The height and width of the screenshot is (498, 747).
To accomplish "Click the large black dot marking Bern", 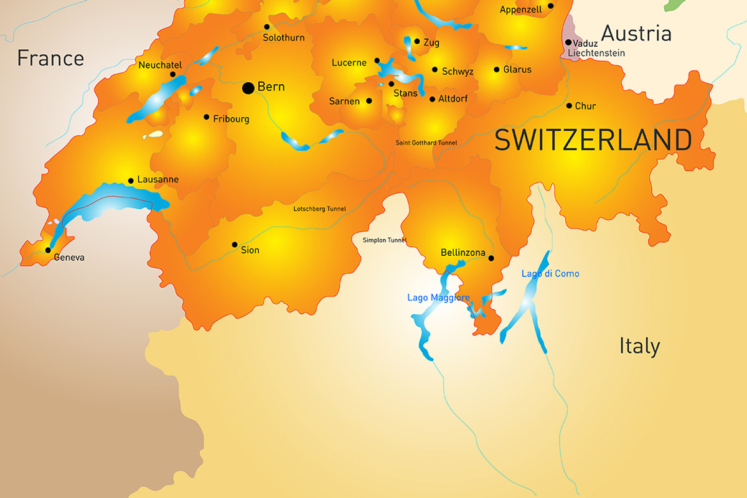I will point(248,88).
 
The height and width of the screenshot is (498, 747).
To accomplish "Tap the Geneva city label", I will point(69,257).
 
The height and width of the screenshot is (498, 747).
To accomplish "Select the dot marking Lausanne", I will point(131,181).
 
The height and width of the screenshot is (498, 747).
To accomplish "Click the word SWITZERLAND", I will point(593,140).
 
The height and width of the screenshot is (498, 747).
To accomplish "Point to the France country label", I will point(50,59).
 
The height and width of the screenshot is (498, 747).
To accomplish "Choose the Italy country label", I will point(639,346).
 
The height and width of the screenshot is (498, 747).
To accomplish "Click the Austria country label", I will point(636,33).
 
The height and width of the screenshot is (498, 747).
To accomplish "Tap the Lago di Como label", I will point(550,274).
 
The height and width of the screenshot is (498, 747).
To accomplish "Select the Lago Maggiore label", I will point(438,298).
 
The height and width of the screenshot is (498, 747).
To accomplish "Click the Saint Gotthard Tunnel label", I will point(426,143).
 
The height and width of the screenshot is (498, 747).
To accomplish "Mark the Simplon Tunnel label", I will point(384,240).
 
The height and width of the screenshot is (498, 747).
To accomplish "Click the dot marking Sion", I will point(235,245).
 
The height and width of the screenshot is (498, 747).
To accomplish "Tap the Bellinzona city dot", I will point(491,258).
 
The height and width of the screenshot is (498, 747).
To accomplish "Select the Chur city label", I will point(585,106).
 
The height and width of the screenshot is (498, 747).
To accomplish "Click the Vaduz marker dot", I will point(568,42).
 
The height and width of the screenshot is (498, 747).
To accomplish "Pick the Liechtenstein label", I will point(596,54).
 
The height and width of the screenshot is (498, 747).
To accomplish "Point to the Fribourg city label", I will point(231,119).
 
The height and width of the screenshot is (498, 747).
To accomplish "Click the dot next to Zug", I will point(416,42).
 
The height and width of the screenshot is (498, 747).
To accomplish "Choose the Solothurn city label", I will point(283,38).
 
